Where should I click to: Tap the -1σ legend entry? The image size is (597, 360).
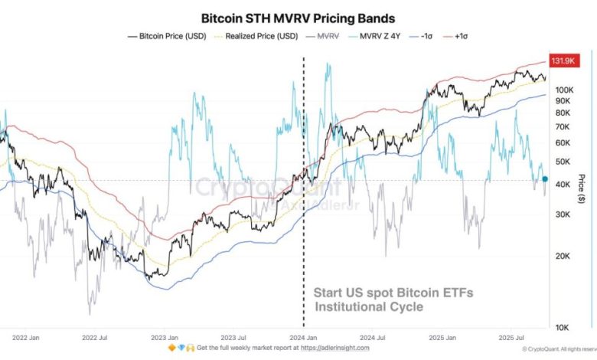pos(427,35)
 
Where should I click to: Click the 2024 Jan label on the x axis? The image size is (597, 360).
pos(305,337)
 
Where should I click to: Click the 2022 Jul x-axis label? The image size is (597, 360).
pos(95,337)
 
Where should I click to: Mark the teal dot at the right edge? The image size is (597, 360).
pos(545,179)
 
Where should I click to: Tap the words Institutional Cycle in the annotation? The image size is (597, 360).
pos(368,307)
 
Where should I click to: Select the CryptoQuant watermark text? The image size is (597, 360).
pos(237,186)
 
